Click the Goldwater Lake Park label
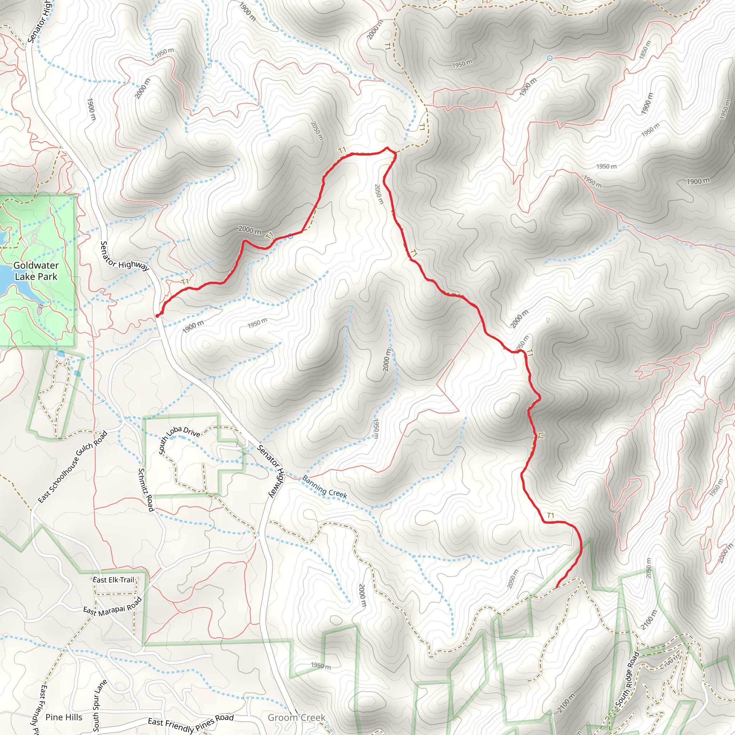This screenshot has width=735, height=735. (x=36, y=271)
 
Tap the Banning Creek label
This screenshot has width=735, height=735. (x=324, y=487)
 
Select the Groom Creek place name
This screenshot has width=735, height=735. (x=296, y=717)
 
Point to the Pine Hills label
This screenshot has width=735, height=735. (x=64, y=717)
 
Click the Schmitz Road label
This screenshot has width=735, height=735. (x=146, y=490)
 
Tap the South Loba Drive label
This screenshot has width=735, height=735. (x=179, y=439)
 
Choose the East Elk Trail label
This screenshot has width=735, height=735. (x=114, y=580)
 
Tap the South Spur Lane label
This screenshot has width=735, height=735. (x=100, y=705)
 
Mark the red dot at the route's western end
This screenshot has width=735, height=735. (x=158, y=315)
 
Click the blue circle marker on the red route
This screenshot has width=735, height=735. (x=290, y=236)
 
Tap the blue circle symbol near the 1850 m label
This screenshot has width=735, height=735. (x=549, y=58)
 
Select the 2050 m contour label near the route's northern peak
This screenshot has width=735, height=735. (x=378, y=194)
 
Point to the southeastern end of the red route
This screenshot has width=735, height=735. (x=557, y=587)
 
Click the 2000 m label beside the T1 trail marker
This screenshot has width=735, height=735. (x=250, y=230)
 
